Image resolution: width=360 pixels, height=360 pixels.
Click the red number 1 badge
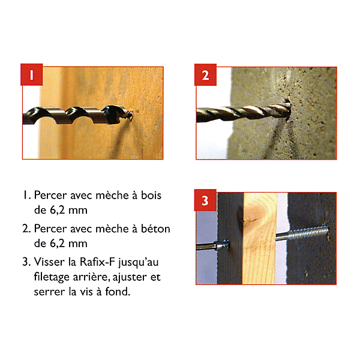(32, 74)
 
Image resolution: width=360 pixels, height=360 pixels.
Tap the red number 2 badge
(205, 75)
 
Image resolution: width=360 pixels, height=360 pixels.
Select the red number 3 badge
(205, 200)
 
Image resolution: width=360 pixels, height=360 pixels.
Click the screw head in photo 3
(222, 245)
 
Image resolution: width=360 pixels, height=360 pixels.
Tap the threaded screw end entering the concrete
(302, 233)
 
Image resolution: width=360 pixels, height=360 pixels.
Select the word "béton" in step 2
(155, 229)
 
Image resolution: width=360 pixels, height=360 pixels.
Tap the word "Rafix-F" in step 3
(97, 262)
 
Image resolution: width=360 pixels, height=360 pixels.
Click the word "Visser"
(49, 262)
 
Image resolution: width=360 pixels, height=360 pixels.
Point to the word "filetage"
(52, 277)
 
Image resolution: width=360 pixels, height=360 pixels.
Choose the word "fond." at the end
(118, 292)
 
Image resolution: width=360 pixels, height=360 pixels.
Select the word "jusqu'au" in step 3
(139, 263)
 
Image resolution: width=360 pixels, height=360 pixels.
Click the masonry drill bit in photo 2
(244, 113)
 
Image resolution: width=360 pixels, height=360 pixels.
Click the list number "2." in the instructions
(26, 229)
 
